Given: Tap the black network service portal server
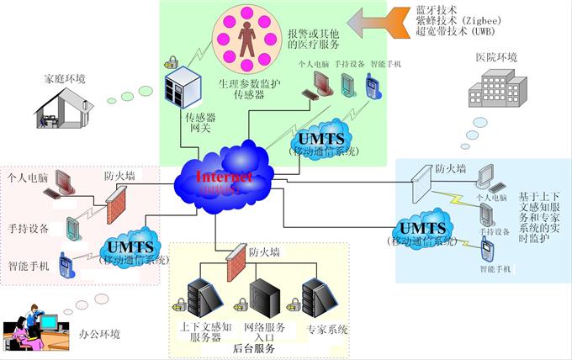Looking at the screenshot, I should click(264, 298).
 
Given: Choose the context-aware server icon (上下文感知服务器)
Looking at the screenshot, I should click(204, 299).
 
